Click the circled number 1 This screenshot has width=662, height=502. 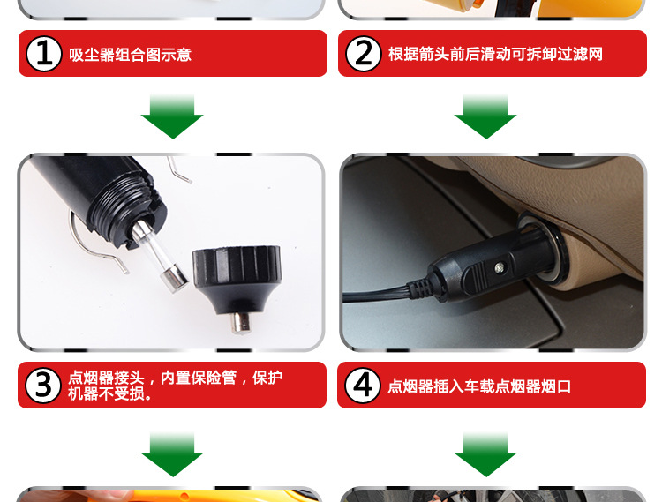pyautogui.click(x=44, y=54)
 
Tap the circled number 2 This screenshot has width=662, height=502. pyautogui.click(x=363, y=54)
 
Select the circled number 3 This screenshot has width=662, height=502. pyautogui.click(x=43, y=386)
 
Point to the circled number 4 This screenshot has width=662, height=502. pyautogui.click(x=362, y=386)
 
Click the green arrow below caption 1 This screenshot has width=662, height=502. pyautogui.click(x=172, y=116)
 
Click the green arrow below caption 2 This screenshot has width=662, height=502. pyautogui.click(x=485, y=116)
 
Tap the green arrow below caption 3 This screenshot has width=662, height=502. pyautogui.click(x=172, y=454)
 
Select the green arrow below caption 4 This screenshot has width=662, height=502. pyautogui.click(x=485, y=454)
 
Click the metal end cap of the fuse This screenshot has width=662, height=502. pyautogui.click(x=174, y=281)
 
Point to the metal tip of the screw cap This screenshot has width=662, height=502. pyautogui.click(x=241, y=323)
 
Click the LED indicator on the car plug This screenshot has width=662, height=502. pyautogui.click(x=500, y=266)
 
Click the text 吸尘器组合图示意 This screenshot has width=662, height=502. pyautogui.click(x=130, y=55)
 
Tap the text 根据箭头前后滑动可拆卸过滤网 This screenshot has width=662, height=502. pyautogui.click(x=495, y=54)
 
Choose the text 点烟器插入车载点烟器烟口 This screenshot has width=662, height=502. pyautogui.click(x=479, y=386)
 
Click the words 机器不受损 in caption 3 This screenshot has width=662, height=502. pyautogui.click(x=106, y=393)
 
